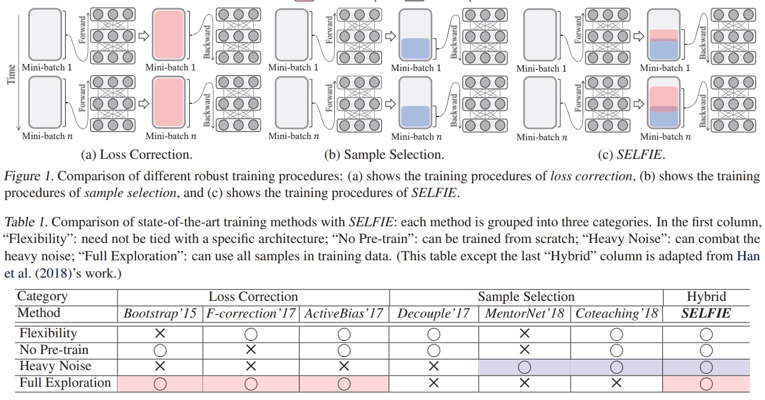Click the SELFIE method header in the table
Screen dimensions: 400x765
click(x=706, y=313)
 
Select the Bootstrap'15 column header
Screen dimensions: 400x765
click(x=159, y=313)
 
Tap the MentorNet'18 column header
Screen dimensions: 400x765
click(x=525, y=313)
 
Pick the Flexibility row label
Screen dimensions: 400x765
click(x=48, y=333)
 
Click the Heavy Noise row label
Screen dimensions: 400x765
click(x=55, y=366)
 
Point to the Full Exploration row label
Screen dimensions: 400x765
click(x=65, y=383)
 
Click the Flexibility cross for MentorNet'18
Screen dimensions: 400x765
click(x=525, y=333)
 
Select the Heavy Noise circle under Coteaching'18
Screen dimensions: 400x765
click(x=616, y=367)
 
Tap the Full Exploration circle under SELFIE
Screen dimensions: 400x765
click(x=706, y=383)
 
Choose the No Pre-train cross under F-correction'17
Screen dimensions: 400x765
click(x=251, y=350)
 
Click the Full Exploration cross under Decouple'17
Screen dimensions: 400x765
click(x=434, y=383)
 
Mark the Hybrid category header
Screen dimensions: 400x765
click(x=707, y=296)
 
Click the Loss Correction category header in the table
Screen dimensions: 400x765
click(x=253, y=296)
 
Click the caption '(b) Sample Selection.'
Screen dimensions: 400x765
click(x=384, y=155)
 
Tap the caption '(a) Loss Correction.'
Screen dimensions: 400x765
click(x=137, y=155)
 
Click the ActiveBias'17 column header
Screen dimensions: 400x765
click(x=344, y=313)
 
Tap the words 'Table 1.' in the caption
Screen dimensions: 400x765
click(x=25, y=223)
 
